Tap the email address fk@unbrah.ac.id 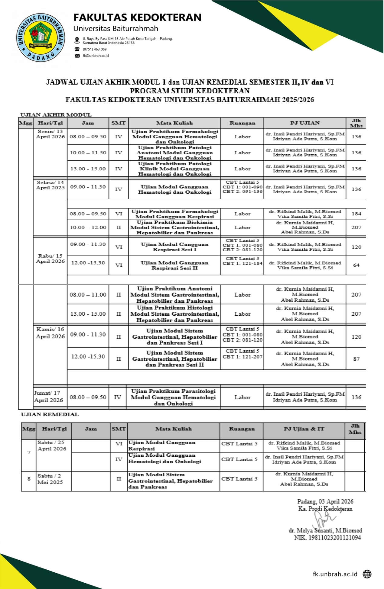coord(96,56)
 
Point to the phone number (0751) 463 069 coord(95,49)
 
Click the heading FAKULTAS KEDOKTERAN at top coord(137,18)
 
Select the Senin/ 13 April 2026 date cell coord(50,134)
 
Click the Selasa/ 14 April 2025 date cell coord(50,185)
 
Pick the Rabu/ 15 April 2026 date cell coord(50,259)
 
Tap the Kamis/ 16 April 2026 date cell coord(50,333)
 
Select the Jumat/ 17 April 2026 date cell coord(48,397)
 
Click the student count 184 coord(356,214)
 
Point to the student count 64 coord(356,265)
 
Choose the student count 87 coord(356,359)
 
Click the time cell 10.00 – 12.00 coord(88,227)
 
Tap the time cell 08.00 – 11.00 coord(88,294)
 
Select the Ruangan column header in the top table coord(242,123)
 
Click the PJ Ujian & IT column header coord(304,429)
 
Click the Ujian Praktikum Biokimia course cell coord(174,227)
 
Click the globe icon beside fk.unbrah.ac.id coord(367,574)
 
